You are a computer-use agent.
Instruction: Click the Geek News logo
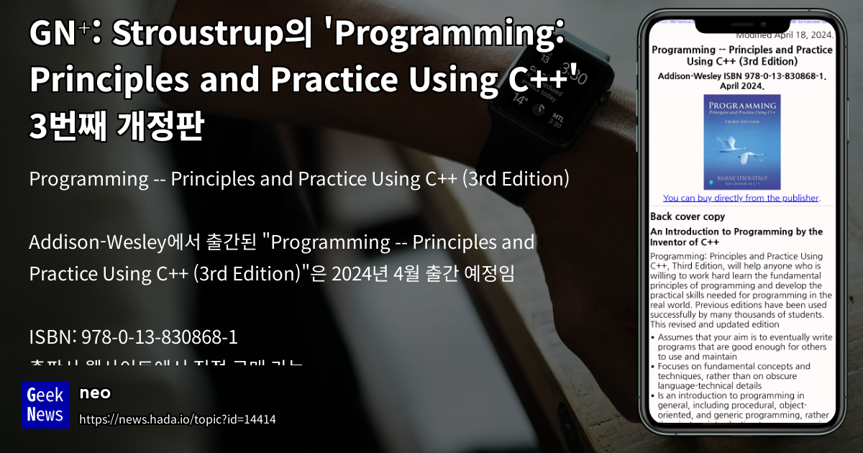45,404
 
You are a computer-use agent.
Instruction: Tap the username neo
94,393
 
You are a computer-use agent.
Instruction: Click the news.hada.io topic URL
177,419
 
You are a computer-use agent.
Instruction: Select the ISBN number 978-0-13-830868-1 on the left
159,337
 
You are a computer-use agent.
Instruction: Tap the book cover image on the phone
741,142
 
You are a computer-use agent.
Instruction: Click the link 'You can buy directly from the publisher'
741,198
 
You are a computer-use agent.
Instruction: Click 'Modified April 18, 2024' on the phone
785,35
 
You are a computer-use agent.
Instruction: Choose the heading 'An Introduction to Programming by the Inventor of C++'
736,237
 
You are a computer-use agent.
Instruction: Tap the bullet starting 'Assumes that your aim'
741,347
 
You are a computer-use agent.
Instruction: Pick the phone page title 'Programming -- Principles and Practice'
741,55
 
